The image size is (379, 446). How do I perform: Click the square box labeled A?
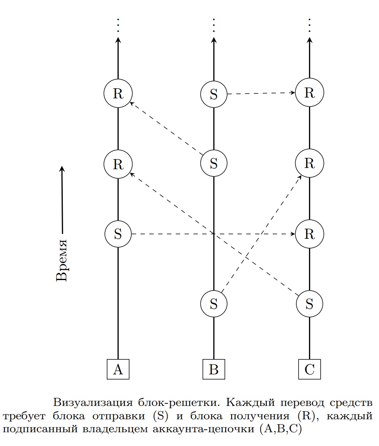118,369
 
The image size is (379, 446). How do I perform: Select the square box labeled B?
214,369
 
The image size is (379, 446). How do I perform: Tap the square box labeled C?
310,369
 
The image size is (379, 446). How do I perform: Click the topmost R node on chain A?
118,93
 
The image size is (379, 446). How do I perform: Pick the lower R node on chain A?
118,164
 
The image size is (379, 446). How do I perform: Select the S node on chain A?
118,234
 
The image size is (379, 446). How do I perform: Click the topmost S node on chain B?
214,94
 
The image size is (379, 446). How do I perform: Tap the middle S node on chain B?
214,163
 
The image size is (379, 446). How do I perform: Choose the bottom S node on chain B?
214,304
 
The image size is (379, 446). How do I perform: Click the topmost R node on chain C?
310,92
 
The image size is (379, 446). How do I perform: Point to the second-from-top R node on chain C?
310,163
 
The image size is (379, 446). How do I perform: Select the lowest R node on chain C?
310,234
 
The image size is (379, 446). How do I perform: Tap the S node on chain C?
310,304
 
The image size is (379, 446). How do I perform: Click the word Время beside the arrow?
62,261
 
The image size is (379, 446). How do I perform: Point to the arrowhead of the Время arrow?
62,168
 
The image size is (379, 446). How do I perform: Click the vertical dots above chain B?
214,25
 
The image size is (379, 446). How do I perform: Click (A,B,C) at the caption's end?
281,428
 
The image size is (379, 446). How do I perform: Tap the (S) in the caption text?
161,416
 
